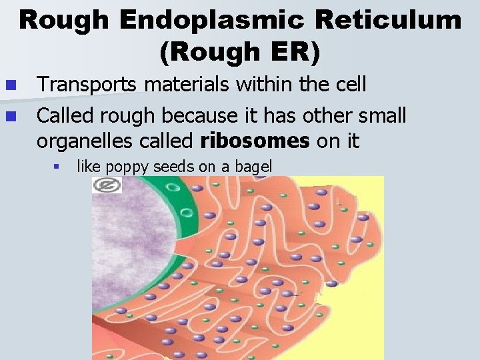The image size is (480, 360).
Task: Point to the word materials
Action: click(176, 84)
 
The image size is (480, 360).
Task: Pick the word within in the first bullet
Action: click(254, 84)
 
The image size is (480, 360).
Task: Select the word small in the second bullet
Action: click(379, 116)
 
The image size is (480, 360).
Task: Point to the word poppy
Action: click(124, 167)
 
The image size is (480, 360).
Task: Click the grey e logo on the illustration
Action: click(107, 185)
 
